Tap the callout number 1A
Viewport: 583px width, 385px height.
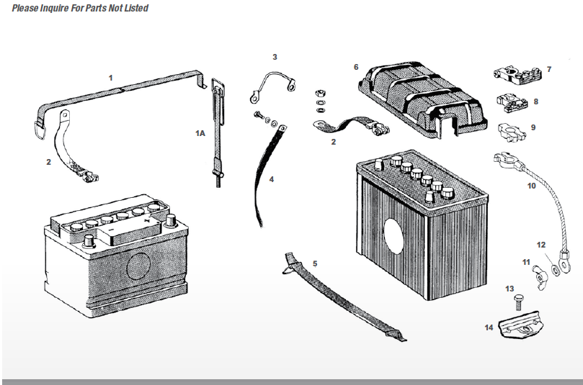coord(200,133)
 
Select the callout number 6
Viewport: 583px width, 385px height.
coord(355,67)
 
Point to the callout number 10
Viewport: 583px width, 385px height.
coord(531,186)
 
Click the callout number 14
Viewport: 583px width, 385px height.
coord(489,327)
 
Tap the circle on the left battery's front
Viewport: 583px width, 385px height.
coord(140,266)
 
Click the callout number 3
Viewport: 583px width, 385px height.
coord(274,56)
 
